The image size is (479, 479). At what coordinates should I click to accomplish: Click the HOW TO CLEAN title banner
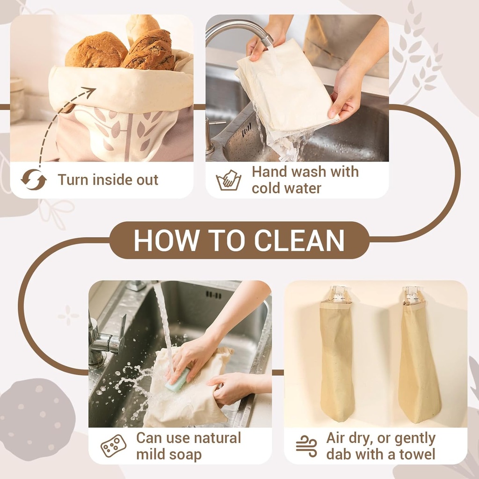(239, 240)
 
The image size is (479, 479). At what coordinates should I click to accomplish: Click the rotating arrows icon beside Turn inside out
(34, 180)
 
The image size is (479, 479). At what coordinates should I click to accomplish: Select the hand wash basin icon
(228, 181)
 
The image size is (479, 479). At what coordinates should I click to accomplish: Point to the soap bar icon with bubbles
(114, 446)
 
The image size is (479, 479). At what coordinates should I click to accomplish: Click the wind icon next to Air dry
(306, 446)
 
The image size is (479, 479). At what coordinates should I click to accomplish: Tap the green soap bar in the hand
(177, 380)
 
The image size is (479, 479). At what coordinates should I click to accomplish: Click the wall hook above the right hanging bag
(412, 293)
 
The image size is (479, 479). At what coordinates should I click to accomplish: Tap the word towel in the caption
(415, 454)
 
